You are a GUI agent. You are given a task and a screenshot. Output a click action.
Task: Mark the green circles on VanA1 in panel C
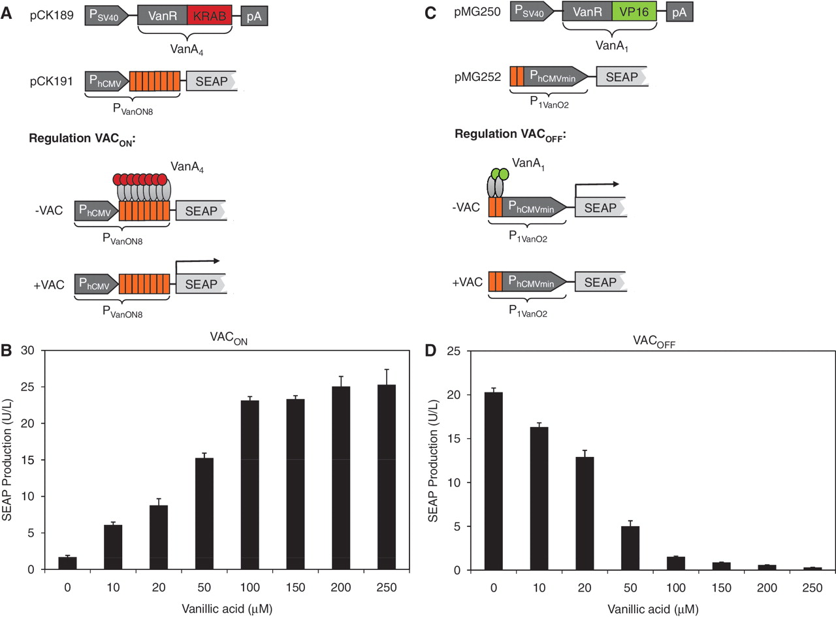click(500, 174)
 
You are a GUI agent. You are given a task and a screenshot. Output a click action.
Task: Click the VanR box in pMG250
click(587, 12)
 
